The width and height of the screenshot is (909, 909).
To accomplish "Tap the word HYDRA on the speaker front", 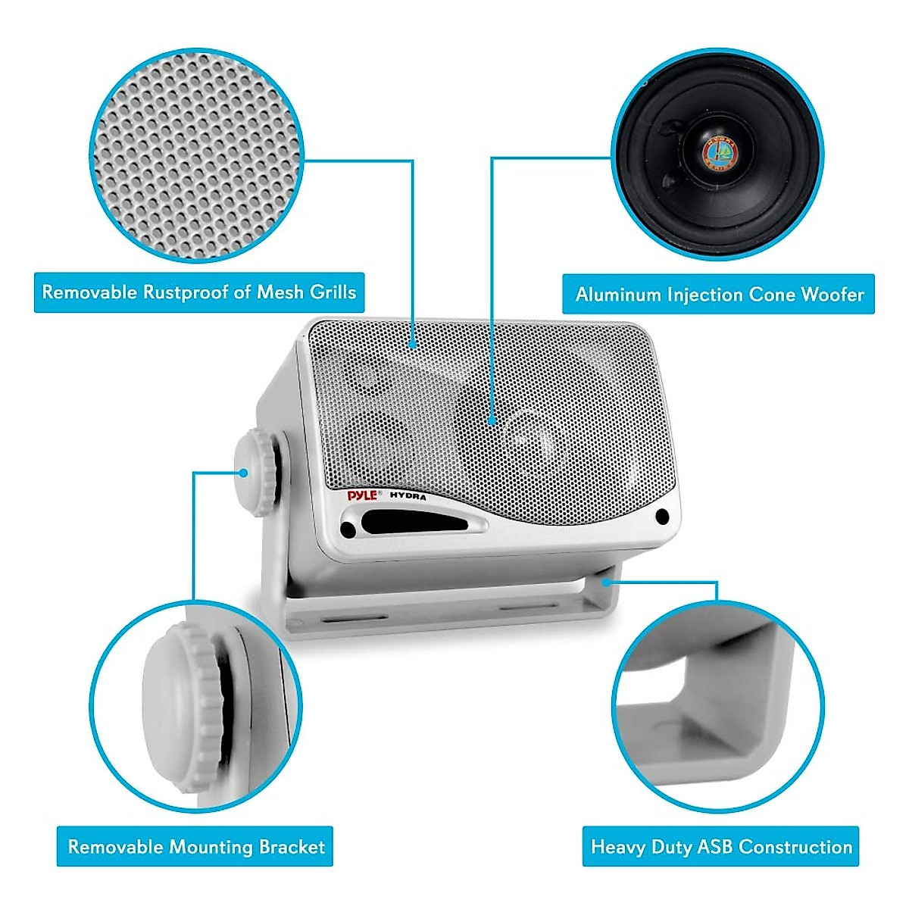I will [408, 497].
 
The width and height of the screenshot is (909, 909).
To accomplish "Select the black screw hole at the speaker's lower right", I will [663, 517].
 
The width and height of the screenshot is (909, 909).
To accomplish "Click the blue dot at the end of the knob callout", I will [244, 472].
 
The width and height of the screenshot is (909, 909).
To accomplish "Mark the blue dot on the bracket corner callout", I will [608, 582].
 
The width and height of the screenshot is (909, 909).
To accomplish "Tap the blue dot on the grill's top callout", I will [413, 342].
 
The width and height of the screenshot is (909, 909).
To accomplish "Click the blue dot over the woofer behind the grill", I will [492, 419].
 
